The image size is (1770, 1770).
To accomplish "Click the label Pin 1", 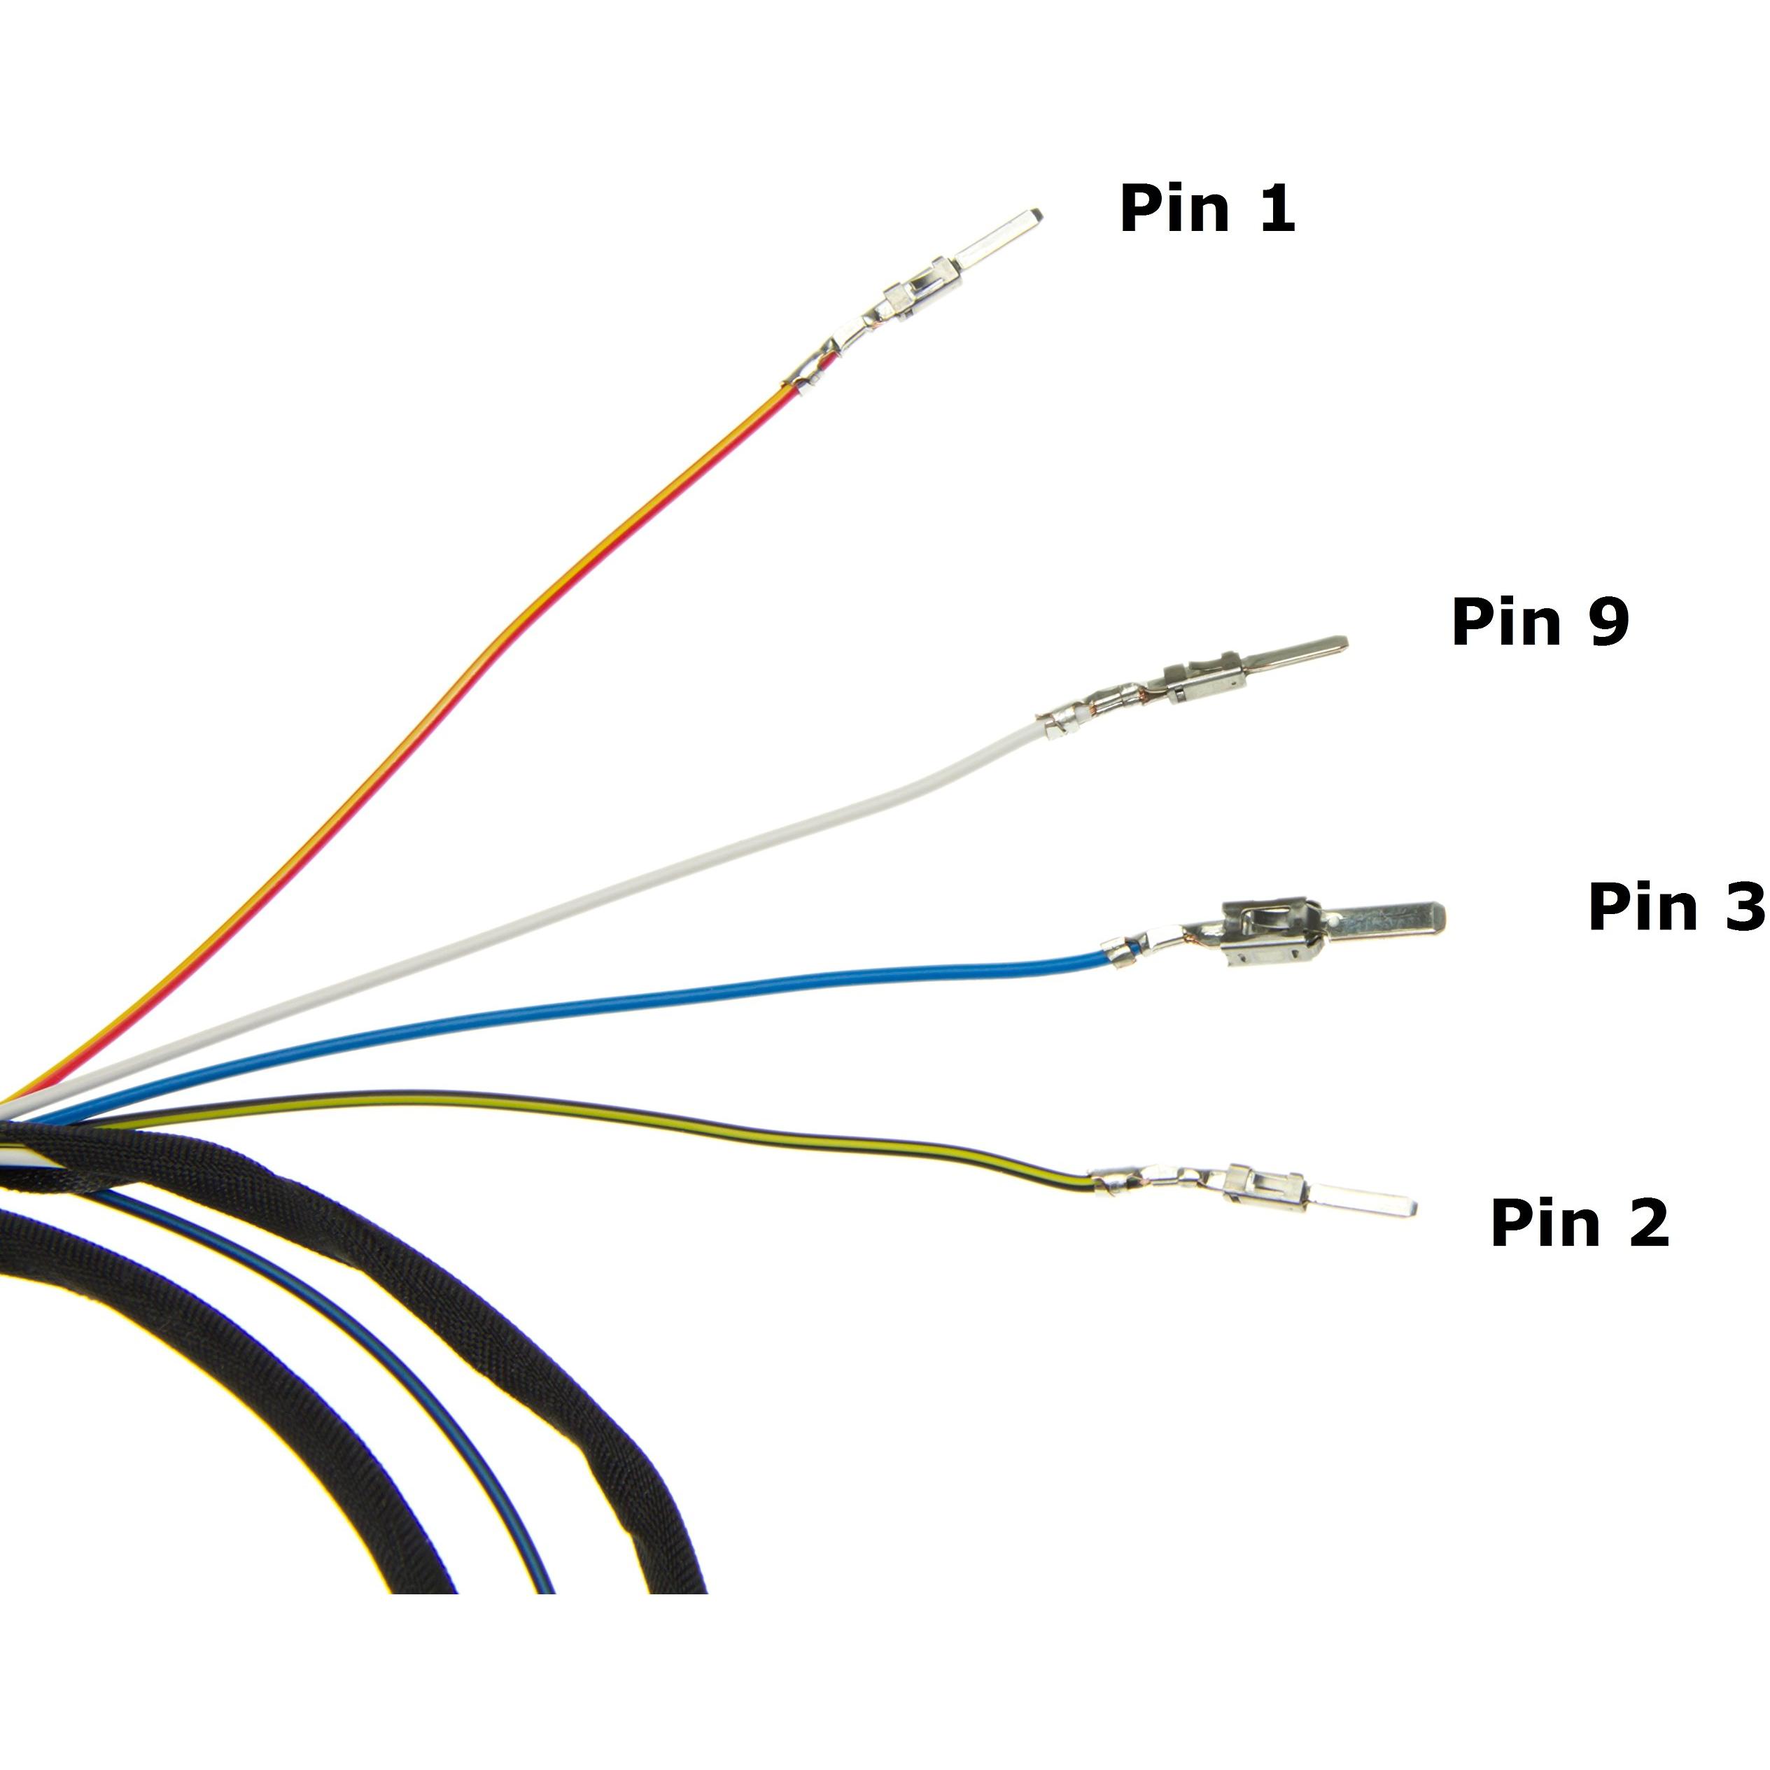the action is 1207,208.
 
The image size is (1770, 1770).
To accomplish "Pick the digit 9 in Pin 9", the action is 1608,622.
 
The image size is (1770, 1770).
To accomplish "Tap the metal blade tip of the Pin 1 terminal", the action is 1037,216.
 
